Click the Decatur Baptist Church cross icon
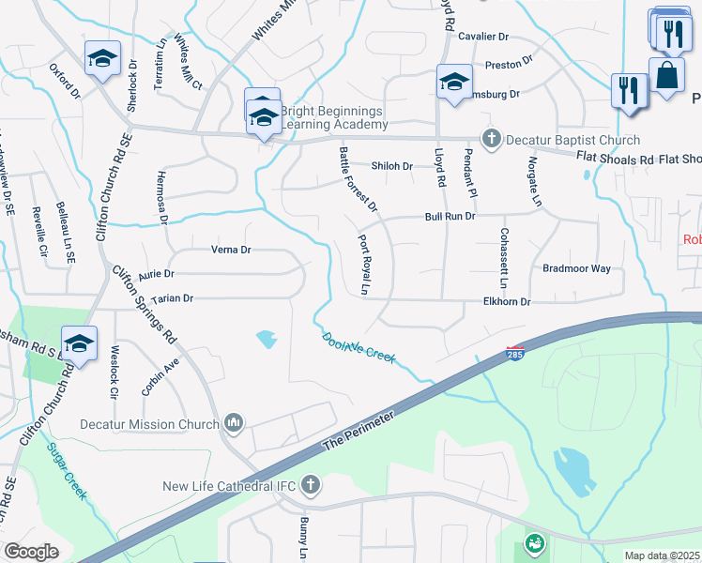(x=490, y=140)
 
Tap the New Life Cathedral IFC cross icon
(x=311, y=485)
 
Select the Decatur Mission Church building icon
(x=233, y=424)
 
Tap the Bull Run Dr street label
(x=450, y=216)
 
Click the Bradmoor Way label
(x=576, y=268)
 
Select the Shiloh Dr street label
(x=392, y=166)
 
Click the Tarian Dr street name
(x=172, y=298)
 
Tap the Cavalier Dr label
(x=483, y=37)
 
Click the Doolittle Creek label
(x=359, y=347)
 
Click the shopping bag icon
(x=665, y=76)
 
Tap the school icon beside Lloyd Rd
(x=454, y=82)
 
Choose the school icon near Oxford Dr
(x=102, y=58)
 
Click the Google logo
(x=31, y=552)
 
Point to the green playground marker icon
(x=535, y=542)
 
